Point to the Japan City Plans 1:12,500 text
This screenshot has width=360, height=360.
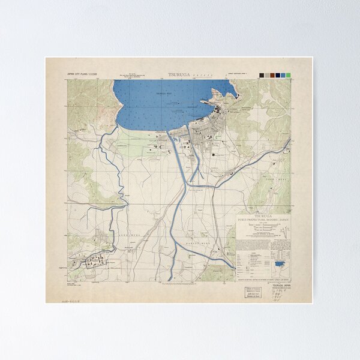[82, 74]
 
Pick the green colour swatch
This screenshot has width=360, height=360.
[289, 75]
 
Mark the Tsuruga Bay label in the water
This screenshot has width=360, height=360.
[164, 94]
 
